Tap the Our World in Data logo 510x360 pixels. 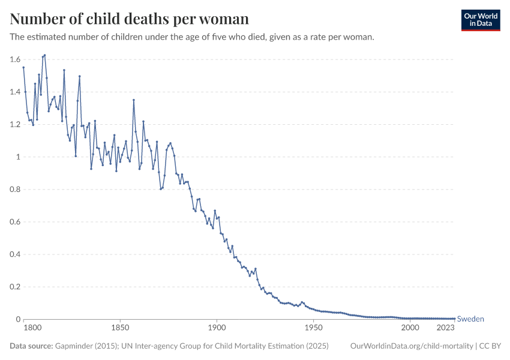pyautogui.click(x=480, y=20)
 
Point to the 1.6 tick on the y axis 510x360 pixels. pyautogui.click(x=16, y=59)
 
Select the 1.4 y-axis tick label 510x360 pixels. pyautogui.click(x=16, y=92)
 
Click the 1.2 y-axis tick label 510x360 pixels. pyautogui.click(x=16, y=124)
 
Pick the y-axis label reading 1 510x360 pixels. pyautogui.click(x=19, y=157)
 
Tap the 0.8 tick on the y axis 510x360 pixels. pyautogui.click(x=16, y=189)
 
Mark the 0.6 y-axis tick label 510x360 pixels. pyautogui.click(x=16, y=221)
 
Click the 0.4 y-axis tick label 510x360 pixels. pyautogui.click(x=16, y=254)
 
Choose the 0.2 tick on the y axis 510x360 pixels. pyautogui.click(x=16, y=286)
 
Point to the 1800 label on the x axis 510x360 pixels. pyautogui.click(x=32, y=328)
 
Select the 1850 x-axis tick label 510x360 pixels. pyautogui.click(x=121, y=328)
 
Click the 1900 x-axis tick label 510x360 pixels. pyautogui.click(x=217, y=328)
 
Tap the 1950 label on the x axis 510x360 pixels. pyautogui.click(x=313, y=328)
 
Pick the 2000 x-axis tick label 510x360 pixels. pyautogui.click(x=410, y=328)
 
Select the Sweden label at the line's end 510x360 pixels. pyautogui.click(x=470, y=319)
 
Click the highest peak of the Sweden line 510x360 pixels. pyautogui.click(x=44, y=55)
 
